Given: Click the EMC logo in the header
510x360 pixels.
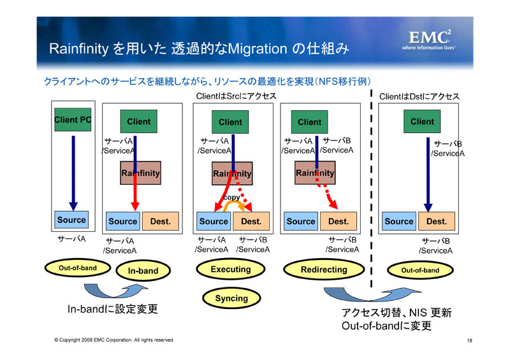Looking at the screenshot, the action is point(429,40).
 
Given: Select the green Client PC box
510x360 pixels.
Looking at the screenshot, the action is point(73,120).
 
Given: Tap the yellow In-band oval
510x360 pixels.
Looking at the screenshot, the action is point(143,271).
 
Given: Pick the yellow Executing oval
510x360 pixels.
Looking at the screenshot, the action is point(231,270).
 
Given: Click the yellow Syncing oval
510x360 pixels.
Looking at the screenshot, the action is point(231,298).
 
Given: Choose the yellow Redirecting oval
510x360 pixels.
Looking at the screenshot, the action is point(324,270).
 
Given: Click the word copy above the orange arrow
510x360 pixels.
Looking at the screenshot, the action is point(231,197).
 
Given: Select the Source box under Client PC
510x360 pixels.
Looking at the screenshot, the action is point(71,220).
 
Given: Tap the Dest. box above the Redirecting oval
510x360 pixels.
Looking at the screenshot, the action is point(339,222).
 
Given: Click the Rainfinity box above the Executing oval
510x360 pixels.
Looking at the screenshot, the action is point(232,174).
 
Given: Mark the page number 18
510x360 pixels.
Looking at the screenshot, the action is point(469,340).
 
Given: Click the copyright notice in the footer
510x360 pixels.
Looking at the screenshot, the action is point(114,340).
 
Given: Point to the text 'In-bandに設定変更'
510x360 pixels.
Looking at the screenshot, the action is point(113,308).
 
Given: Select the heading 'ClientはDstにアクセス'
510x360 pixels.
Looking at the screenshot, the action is point(419,97).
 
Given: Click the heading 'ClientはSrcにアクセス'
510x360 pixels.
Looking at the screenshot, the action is point(236,96).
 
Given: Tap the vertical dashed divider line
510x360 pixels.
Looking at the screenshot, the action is point(371,189).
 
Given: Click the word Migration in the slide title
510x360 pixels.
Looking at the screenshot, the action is point(258,49).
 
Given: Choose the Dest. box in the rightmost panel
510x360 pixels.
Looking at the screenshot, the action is point(437,222).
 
